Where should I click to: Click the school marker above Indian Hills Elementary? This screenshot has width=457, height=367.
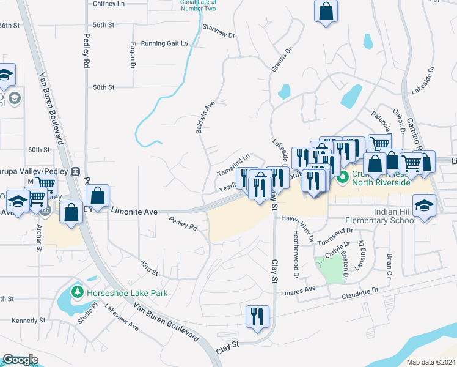coord(424,206)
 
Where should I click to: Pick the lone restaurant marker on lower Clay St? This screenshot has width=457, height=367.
coord(257,316)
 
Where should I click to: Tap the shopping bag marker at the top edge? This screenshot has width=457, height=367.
coord(326,11)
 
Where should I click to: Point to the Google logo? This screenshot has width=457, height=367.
coord(20,360)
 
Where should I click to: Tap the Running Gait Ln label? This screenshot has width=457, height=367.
coord(164,43)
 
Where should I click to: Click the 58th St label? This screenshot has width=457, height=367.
coord(103,87)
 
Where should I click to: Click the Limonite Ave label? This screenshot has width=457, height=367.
coord(134,211)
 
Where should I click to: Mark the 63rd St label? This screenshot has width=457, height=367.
coord(150,267)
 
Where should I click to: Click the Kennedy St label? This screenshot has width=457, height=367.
coord(29,320)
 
